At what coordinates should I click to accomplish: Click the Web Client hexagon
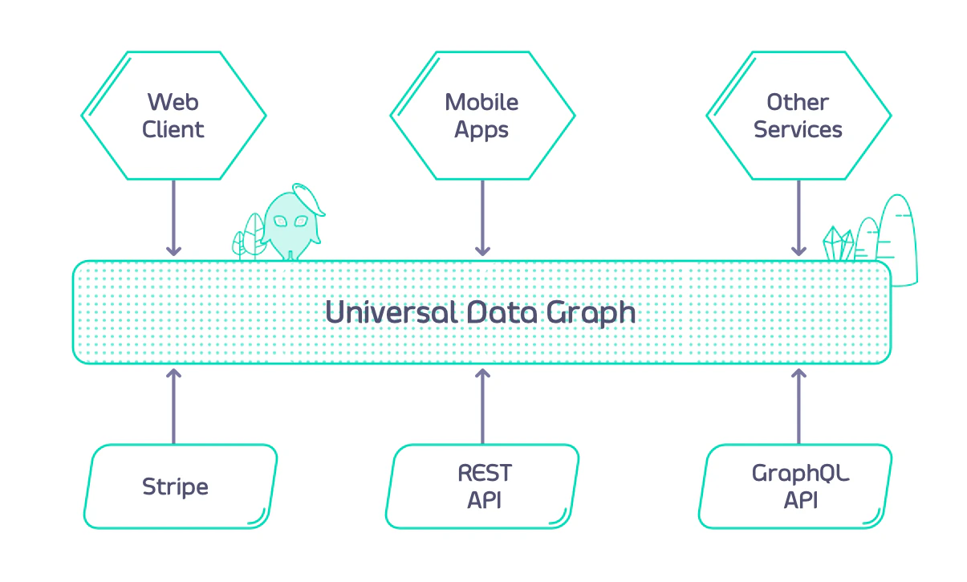pyautogui.click(x=173, y=116)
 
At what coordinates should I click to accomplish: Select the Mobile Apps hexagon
pyautogui.click(x=482, y=116)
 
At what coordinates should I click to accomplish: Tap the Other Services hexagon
pyautogui.click(x=798, y=116)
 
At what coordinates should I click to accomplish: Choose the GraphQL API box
pyautogui.click(x=798, y=486)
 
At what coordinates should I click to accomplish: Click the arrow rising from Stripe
pyautogui.click(x=173, y=405)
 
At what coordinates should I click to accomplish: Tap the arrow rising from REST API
pyautogui.click(x=482, y=405)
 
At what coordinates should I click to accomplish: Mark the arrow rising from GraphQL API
pyautogui.click(x=798, y=405)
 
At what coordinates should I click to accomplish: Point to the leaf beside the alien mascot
pyautogui.click(x=251, y=234)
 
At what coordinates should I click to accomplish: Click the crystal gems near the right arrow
pyautogui.click(x=838, y=244)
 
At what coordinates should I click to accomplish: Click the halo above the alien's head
pyautogui.click(x=309, y=197)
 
